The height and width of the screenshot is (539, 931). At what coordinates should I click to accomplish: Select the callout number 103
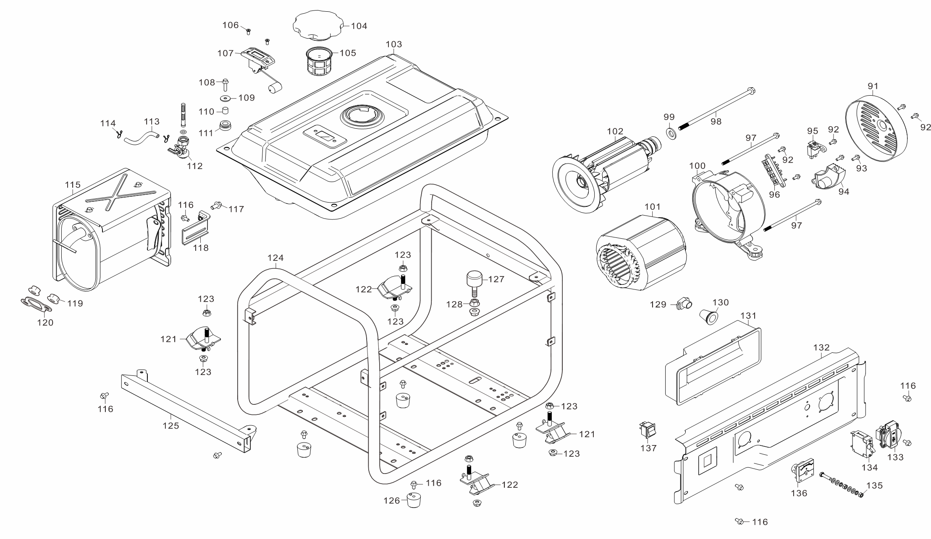[x=393, y=44]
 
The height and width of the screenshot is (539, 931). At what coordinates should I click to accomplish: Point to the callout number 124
[x=275, y=258]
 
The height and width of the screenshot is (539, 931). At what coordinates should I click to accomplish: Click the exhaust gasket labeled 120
[x=36, y=305]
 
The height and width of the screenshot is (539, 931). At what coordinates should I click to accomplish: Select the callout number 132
[x=821, y=347]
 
